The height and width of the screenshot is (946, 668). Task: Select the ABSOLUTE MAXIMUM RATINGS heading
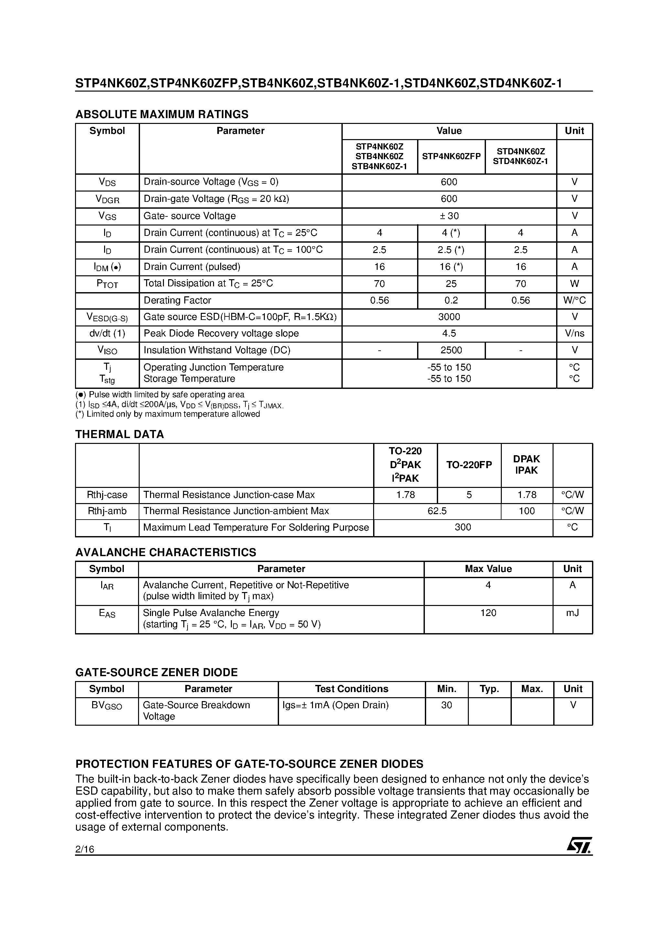click(162, 114)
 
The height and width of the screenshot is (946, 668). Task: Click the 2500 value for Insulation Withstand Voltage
click(451, 350)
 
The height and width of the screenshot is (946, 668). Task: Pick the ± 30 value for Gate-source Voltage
click(449, 216)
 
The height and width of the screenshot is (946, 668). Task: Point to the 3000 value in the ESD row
click(449, 317)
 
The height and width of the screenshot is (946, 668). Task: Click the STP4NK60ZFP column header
click(451, 157)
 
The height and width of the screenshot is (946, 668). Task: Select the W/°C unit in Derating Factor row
click(575, 300)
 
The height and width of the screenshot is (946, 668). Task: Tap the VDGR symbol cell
click(107, 199)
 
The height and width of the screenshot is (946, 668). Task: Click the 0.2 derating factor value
click(451, 300)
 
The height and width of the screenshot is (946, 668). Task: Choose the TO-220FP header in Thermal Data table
click(469, 465)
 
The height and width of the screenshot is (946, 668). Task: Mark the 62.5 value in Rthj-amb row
click(437, 511)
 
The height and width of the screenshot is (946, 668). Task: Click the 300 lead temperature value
click(463, 527)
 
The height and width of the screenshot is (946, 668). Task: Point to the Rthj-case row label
click(107, 494)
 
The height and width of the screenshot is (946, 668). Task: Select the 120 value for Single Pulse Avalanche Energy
click(488, 613)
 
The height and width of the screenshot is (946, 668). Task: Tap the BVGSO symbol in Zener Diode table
click(107, 705)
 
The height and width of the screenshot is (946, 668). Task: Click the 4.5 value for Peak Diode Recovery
click(449, 333)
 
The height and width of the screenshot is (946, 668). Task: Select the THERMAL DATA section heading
click(119, 434)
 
